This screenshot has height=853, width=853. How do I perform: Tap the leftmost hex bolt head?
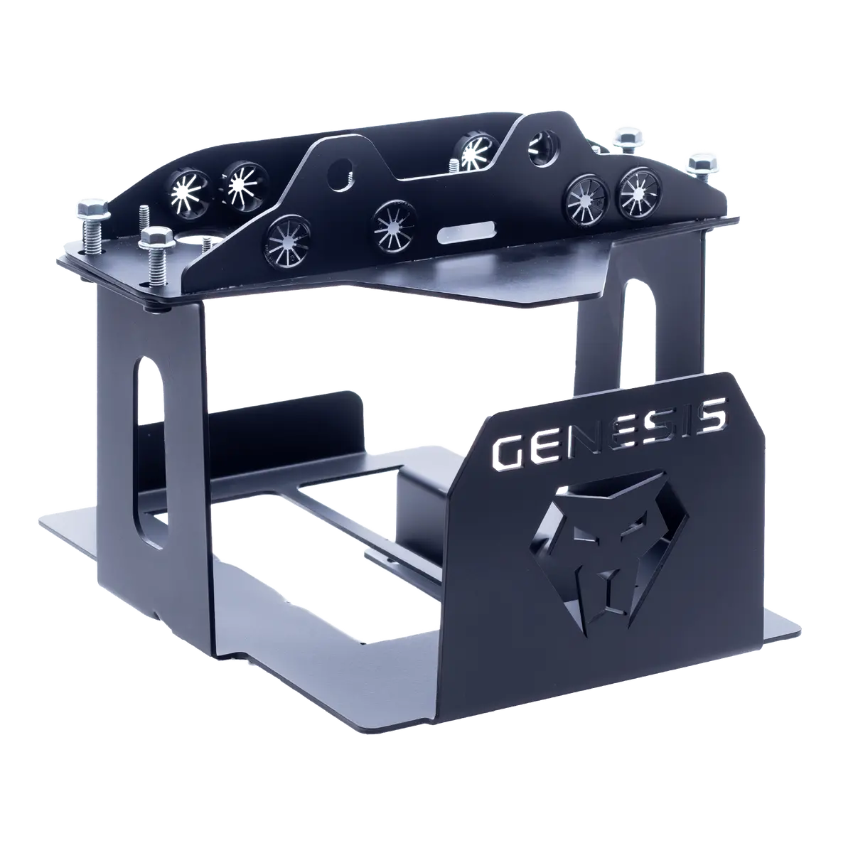coord(93,208)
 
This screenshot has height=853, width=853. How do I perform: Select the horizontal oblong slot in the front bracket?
coord(465,233)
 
